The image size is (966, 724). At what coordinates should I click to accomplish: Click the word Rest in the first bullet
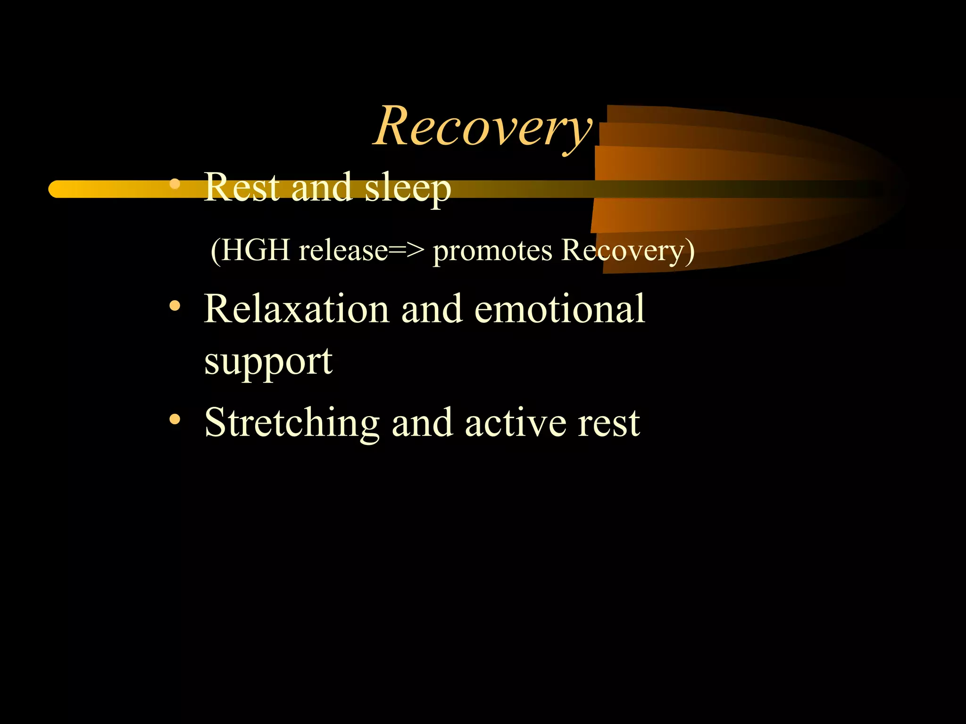241,188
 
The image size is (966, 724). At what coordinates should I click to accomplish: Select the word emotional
559,309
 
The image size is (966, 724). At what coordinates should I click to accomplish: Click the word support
268,362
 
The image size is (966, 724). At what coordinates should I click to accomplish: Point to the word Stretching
292,423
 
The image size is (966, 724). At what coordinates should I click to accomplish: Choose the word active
515,423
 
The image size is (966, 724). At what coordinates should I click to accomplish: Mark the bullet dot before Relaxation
175,307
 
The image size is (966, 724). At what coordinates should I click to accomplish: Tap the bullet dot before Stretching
175,419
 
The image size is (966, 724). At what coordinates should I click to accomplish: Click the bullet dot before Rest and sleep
175,184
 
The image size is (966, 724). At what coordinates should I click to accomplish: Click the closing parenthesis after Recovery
689,251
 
